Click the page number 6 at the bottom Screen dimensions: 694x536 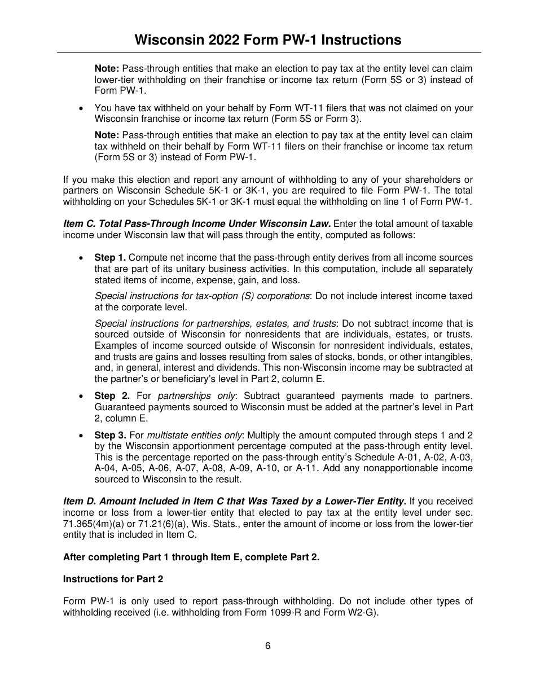tap(268, 646)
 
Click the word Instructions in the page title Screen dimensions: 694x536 tap(358, 40)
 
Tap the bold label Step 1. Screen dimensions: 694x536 tap(110, 258)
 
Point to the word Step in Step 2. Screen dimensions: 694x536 tap(105, 396)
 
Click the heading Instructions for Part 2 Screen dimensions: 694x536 tap(113, 579)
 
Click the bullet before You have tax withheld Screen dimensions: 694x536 tap(82, 108)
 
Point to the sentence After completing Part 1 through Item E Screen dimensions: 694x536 tap(191, 557)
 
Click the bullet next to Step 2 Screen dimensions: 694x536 tap(82, 396)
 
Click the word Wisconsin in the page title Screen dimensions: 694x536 tap(169, 40)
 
